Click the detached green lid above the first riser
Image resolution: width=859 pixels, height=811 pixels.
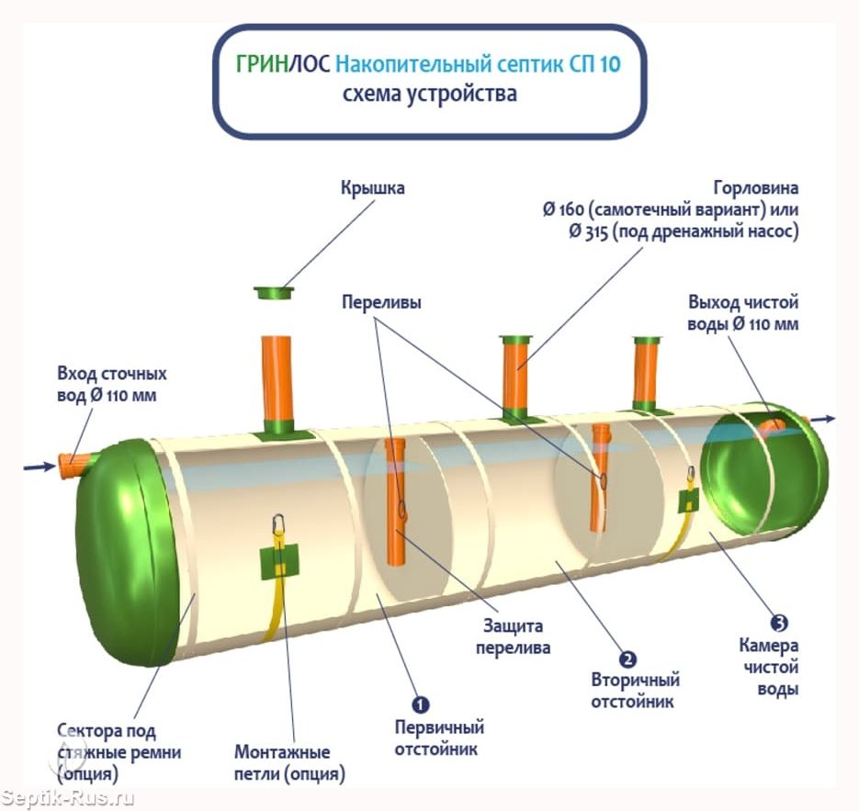click(274, 293)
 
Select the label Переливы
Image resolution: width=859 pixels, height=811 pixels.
click(381, 302)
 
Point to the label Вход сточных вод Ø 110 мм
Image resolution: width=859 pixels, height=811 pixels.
click(112, 386)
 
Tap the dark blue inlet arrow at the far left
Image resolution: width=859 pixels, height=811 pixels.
click(40, 467)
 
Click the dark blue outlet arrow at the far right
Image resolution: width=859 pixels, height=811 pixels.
click(823, 419)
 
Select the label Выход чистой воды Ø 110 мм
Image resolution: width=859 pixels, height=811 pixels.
click(743, 312)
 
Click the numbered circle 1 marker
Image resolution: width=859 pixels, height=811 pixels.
click(420, 704)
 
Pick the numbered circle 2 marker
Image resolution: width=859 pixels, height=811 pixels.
click(628, 658)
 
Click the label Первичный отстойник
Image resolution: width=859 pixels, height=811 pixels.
click(438, 738)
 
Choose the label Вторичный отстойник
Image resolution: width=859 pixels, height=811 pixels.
click(635, 691)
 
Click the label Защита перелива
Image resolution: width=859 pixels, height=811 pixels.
click(514, 636)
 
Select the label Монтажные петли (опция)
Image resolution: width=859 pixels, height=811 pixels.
click(289, 762)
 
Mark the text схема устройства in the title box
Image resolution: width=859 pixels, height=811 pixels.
click(429, 94)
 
